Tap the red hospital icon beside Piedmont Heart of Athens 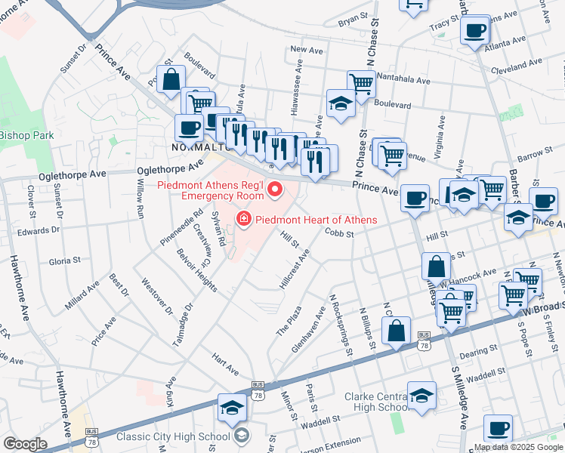click(244, 220)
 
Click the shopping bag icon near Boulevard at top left click(171, 79)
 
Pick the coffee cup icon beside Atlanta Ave click(475, 32)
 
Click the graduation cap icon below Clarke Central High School click(421, 395)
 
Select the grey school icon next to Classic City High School click(241, 435)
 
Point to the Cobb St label click(339, 234)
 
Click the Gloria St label click(64, 260)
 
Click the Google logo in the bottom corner click(25, 444)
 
